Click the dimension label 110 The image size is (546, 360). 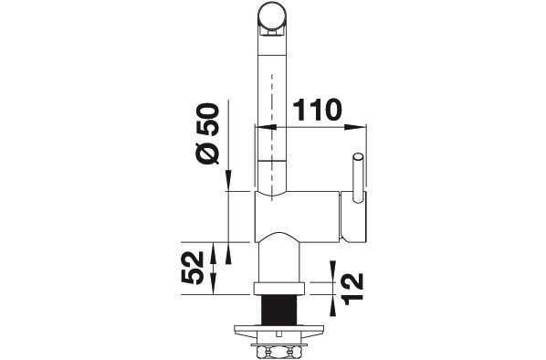pyautogui.click(x=317, y=110)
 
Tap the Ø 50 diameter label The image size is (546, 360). pyautogui.click(x=207, y=133)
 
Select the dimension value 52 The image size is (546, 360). pyautogui.click(x=193, y=268)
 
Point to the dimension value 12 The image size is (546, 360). pyautogui.click(x=353, y=289)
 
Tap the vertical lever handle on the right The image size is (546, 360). pyautogui.click(x=358, y=178)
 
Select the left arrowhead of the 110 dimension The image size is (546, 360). pyautogui.click(x=266, y=128)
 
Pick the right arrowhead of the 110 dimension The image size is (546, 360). pyautogui.click(x=355, y=128)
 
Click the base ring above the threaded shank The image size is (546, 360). pyautogui.click(x=278, y=289)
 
